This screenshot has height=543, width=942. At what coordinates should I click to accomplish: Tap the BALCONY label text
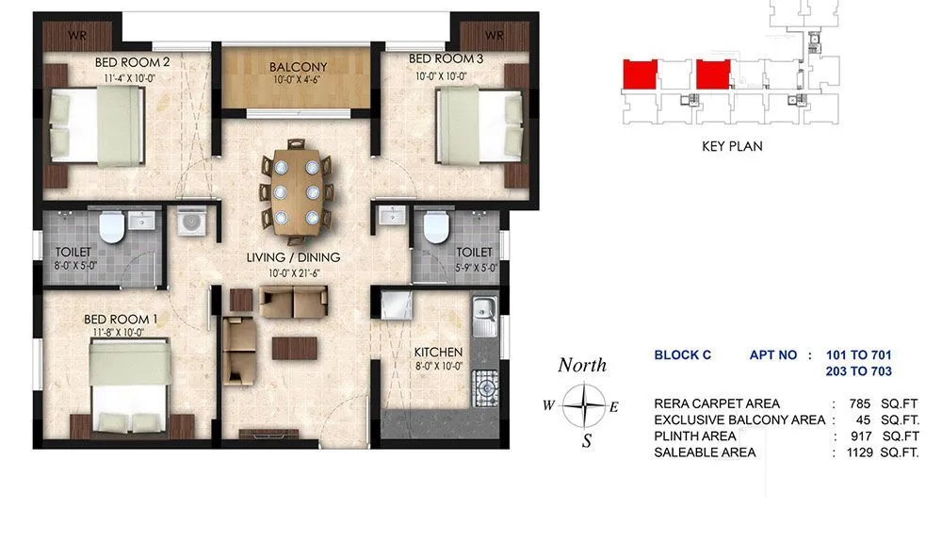[x=298, y=67]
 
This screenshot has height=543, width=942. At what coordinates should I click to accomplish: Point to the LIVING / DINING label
[x=293, y=257]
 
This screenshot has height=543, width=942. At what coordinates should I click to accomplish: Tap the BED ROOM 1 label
[x=128, y=320]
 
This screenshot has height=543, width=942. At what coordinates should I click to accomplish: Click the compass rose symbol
[x=586, y=408]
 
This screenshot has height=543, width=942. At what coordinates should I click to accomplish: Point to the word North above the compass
[x=582, y=366]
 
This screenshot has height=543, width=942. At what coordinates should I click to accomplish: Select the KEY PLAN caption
[x=732, y=146]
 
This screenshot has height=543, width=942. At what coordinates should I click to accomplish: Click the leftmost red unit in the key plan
[x=641, y=73]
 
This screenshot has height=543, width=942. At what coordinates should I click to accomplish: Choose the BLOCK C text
[x=682, y=355]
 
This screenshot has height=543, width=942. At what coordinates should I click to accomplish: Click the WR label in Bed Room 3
[x=495, y=37]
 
